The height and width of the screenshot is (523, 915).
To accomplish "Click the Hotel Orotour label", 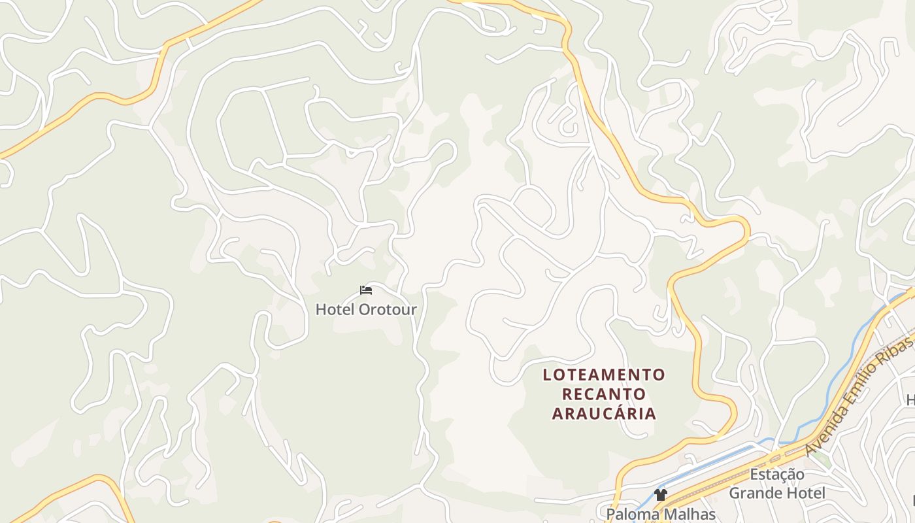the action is coord(366,309).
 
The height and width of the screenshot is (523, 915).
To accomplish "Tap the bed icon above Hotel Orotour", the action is coord(366,290).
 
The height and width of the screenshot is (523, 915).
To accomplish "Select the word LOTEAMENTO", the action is coord(604,375).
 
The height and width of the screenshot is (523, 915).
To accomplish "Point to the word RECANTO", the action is coord(604,394).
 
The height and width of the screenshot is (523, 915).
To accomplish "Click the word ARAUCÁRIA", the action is coord(604,413).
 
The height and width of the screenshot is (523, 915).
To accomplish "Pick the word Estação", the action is coord(777,474).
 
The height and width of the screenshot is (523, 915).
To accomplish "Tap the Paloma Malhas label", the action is coord(661,514).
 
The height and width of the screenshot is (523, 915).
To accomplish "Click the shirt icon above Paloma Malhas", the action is coord(660,495).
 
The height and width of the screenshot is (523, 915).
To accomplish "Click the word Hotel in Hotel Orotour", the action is coord(335,309).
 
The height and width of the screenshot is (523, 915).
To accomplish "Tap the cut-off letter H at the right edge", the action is coord(910,399).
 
